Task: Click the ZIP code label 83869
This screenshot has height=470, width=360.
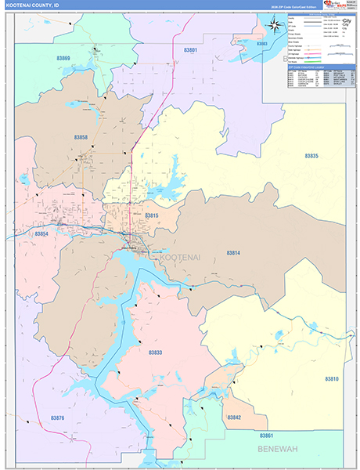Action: coord(63,59)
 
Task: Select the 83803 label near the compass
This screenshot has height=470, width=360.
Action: coord(260,44)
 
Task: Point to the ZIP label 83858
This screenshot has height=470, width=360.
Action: coord(81,137)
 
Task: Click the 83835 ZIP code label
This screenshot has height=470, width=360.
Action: coord(311,156)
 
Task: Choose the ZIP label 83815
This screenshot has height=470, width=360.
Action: coord(152,215)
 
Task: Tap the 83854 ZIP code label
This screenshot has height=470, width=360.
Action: coord(41,233)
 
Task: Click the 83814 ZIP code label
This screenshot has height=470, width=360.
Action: coord(233,253)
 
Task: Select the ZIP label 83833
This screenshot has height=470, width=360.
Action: coord(156,353)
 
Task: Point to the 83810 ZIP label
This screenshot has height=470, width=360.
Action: coord(331,379)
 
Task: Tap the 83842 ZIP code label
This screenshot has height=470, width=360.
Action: coord(234,418)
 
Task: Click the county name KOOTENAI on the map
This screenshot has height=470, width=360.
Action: coord(179,257)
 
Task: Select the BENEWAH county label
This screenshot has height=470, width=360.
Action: coord(279,450)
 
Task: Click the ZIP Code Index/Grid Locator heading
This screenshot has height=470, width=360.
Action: coord(310,67)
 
